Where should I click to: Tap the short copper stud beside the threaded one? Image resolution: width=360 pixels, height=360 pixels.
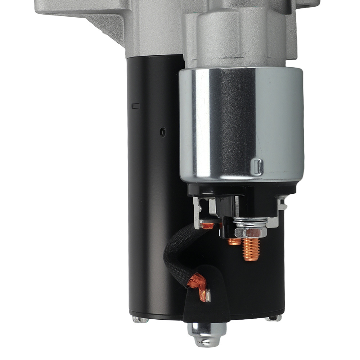pos(234,242)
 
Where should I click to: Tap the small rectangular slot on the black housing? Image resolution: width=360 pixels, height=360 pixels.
pos(136,106)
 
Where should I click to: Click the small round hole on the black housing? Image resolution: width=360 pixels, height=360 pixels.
pos(163,132)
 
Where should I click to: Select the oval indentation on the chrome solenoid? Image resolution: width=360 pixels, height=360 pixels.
pos(257,166)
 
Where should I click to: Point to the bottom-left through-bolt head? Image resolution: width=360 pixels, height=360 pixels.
pos(140,319)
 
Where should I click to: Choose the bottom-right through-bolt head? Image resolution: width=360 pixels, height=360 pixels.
pos(274,318)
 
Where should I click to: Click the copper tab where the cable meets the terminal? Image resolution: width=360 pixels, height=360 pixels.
pos(208,226)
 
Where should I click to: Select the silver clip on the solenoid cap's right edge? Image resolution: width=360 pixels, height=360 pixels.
pos(283,205)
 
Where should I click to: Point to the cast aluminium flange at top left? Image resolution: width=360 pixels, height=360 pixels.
pos(83,14)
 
